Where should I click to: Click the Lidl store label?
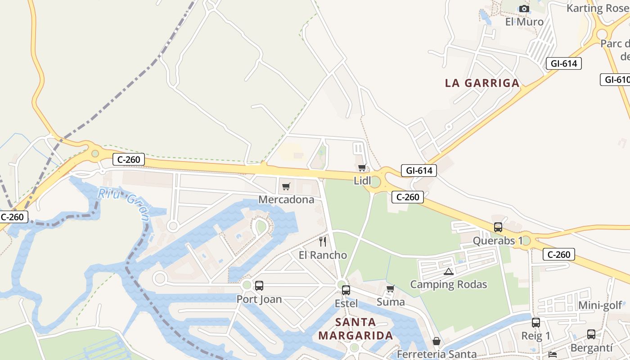point(363,181)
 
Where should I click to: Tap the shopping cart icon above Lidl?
point(362,168)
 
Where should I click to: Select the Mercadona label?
point(286,199)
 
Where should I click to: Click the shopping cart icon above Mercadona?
point(286,186)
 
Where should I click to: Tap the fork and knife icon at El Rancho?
point(323,242)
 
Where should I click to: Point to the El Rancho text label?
point(323,255)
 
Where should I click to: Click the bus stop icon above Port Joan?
point(259,286)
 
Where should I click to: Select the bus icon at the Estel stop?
point(346,290)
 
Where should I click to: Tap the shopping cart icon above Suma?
point(390,288)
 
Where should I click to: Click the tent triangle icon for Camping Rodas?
point(448,271)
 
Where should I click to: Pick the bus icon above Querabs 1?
point(498,227)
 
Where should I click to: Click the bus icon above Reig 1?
point(535,323)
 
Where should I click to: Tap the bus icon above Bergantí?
point(591,334)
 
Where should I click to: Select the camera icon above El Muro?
point(524,9)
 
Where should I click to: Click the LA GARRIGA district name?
point(482,83)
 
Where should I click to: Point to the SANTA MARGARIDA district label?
point(355,329)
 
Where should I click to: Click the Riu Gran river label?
point(124,204)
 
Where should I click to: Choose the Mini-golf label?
point(600,306)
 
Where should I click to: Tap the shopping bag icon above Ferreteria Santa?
point(436,342)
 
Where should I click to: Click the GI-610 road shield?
point(616,80)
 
